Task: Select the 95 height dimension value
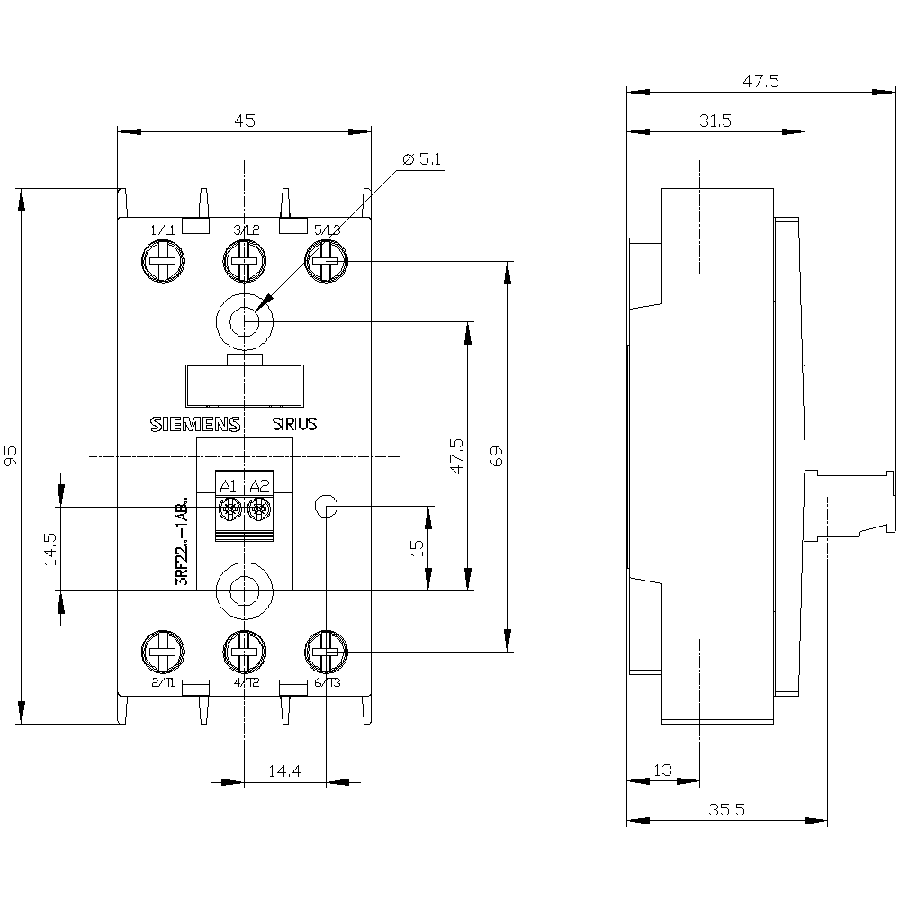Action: pyautogui.click(x=12, y=457)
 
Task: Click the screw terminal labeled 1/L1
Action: pyautogui.click(x=163, y=265)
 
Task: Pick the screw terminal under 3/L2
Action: pyautogui.click(x=244, y=265)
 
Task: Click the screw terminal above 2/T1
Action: pyautogui.click(x=163, y=652)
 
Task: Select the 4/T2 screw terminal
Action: pyautogui.click(x=244, y=652)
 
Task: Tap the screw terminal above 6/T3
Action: pyautogui.click(x=326, y=652)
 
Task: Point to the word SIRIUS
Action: pyautogui.click(x=295, y=425)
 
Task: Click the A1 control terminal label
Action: pyautogui.click(x=229, y=487)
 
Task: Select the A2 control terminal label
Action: pyautogui.click(x=259, y=487)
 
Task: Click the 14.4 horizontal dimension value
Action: pyautogui.click(x=284, y=771)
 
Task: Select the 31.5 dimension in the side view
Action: pyautogui.click(x=715, y=121)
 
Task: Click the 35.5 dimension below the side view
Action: pyautogui.click(x=726, y=809)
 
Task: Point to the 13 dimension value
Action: pyautogui.click(x=663, y=770)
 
